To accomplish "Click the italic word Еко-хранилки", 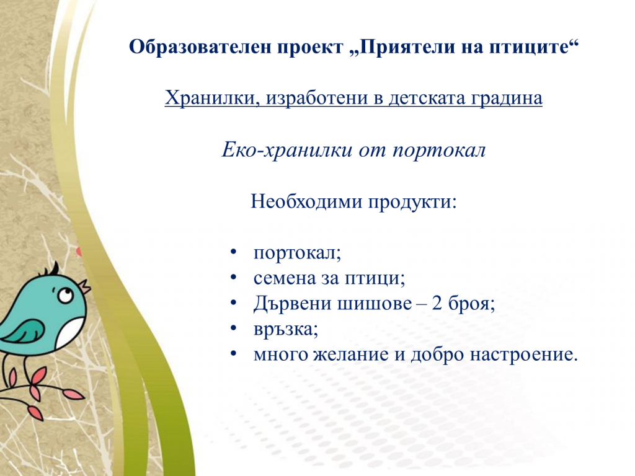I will click(287, 151).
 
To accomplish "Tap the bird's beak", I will click(84, 286).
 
